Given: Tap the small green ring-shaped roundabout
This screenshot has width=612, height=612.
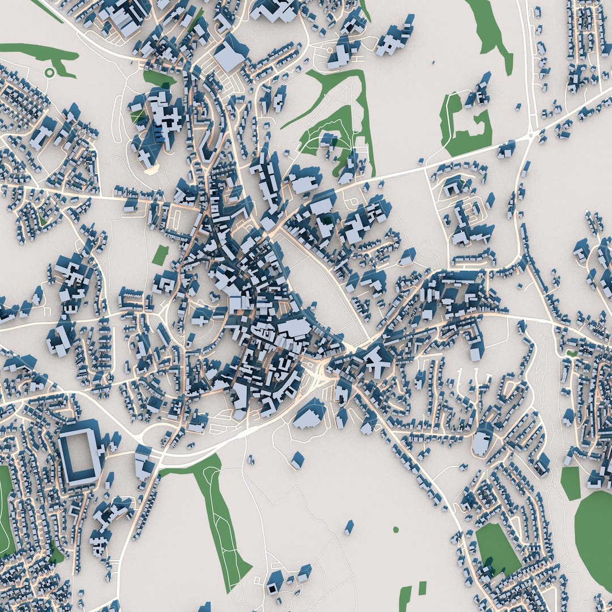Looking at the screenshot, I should [x=49, y=72].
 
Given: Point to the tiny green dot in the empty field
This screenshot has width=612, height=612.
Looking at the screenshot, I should [x=396, y=530].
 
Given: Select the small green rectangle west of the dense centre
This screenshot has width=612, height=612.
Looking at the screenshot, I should [x=160, y=255].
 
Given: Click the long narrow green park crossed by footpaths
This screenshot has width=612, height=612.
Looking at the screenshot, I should [x=221, y=521].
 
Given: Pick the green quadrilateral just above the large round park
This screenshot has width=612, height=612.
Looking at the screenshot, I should [x=571, y=483].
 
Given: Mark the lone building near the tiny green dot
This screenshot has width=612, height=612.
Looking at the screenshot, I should [x=349, y=528].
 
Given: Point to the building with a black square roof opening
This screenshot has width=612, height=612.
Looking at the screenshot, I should [x=275, y=584].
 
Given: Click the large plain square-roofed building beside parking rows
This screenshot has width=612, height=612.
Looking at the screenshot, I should [x=231, y=54].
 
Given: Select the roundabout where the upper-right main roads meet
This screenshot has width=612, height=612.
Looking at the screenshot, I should [x=531, y=135].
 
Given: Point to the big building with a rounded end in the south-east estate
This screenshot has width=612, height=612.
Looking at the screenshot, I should [x=483, y=440].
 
